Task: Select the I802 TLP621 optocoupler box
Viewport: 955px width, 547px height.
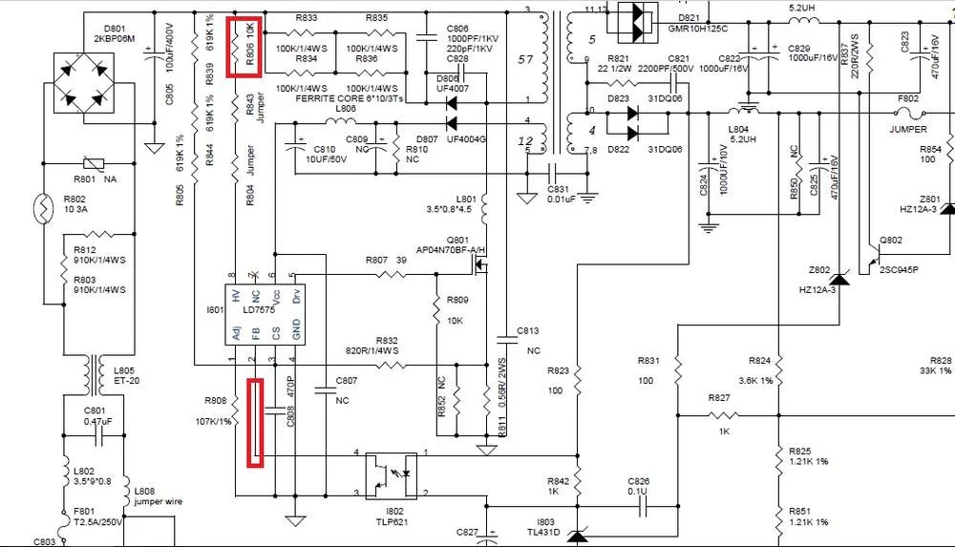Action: point(394,473)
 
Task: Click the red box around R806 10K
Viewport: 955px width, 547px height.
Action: point(244,46)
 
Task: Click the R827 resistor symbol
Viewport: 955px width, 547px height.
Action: point(720,415)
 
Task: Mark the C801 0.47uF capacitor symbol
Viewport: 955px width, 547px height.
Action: point(95,437)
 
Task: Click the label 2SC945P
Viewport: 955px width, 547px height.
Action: point(899,270)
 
